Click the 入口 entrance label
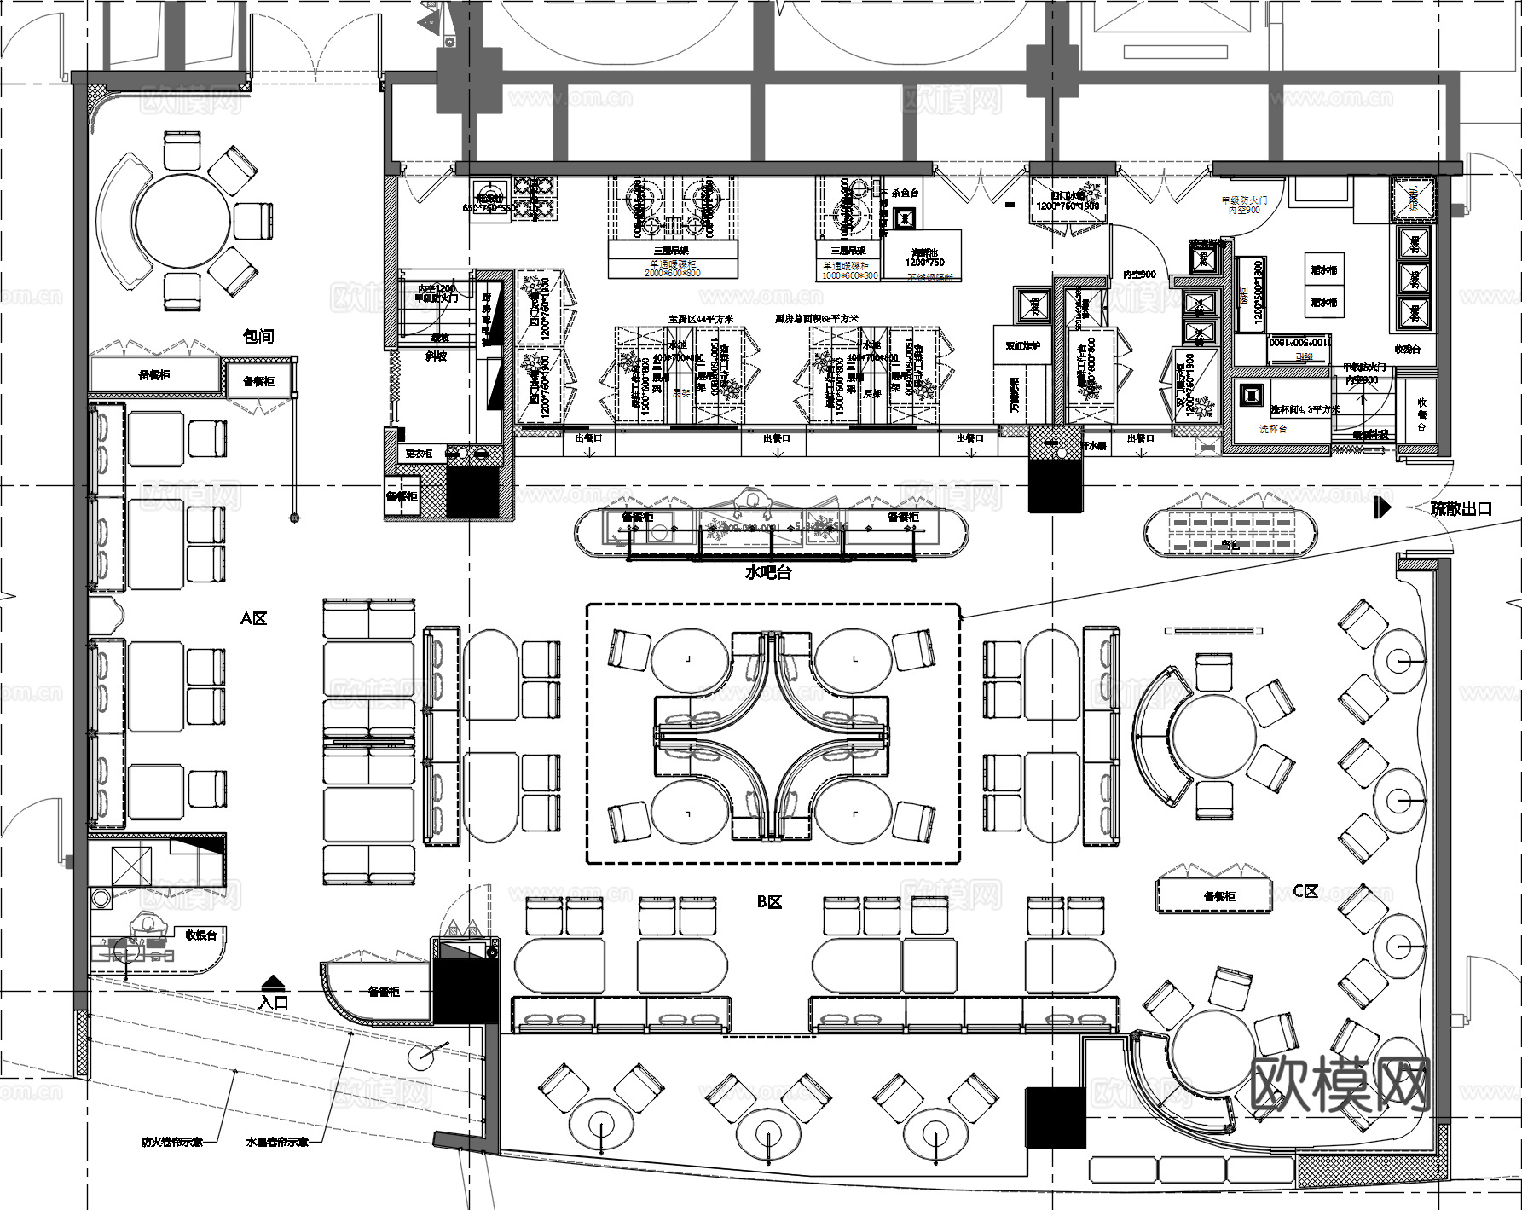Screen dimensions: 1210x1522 [274, 1003]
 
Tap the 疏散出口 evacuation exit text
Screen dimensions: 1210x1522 [1461, 509]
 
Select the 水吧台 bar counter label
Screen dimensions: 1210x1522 [768, 572]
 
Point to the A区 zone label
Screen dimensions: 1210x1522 [253, 618]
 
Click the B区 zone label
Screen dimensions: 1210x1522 [769, 901]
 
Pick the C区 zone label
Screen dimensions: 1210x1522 [1305, 891]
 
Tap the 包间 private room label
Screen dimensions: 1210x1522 [258, 337]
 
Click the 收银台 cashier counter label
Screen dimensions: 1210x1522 [201, 935]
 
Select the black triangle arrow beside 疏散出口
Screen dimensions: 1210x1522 [1382, 508]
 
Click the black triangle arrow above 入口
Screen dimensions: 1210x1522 [272, 981]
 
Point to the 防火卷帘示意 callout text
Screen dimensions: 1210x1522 [172, 1141]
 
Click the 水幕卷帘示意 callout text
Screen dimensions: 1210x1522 [276, 1141]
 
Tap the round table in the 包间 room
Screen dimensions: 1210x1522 [182, 222]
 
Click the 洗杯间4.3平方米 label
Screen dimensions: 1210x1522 [1305, 409]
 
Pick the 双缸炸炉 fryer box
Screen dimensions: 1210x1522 [1021, 347]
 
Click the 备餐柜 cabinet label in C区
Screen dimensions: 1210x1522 [1218, 896]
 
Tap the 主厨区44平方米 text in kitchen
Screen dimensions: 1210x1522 [701, 319]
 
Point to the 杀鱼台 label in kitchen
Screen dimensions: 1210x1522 [905, 194]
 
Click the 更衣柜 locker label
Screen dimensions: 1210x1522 [419, 454]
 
